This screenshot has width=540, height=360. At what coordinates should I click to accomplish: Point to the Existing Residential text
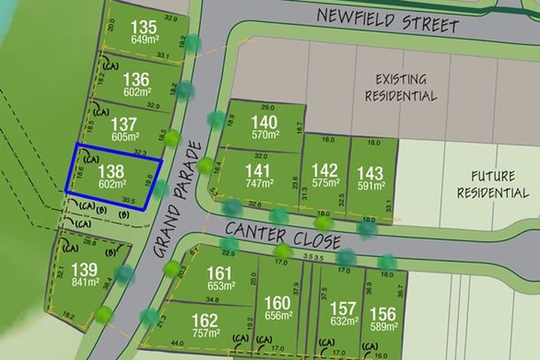coord(403,88)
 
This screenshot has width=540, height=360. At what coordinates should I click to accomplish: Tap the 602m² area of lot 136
coord(136,93)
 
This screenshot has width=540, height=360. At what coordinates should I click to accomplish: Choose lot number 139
coord(83,271)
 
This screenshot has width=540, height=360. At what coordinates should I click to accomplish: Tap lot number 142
coord(325,171)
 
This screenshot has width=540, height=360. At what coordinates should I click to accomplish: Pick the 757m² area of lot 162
coord(205,334)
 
